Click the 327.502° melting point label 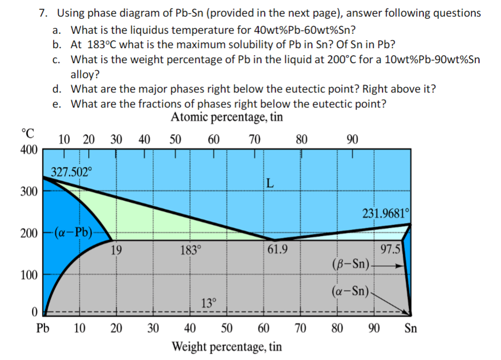coord(71,172)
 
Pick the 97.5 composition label coord(390,249)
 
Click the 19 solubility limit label coord(116,249)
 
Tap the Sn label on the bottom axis coord(410,328)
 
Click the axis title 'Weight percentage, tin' coord(226,347)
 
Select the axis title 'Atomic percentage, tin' coord(227,117)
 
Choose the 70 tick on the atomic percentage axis coord(255,140)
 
